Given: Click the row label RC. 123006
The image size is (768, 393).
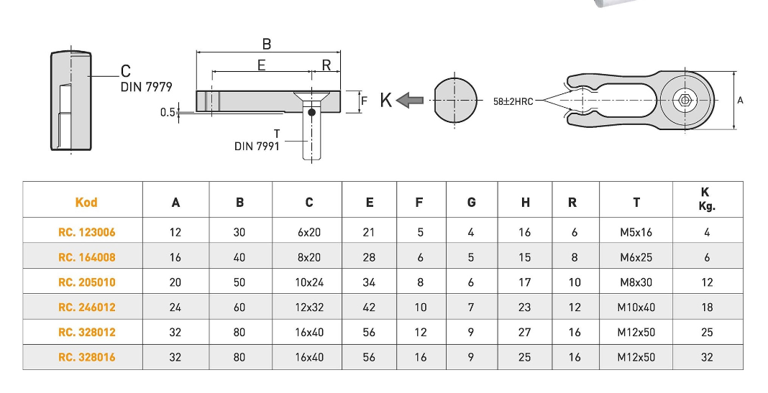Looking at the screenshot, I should (x=86, y=232).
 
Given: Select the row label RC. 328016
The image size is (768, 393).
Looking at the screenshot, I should (x=86, y=357).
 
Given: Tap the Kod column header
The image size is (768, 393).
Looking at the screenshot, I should (x=86, y=203).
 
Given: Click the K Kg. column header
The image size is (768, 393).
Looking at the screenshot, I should (x=707, y=199).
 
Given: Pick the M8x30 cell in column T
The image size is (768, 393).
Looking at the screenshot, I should (x=636, y=282).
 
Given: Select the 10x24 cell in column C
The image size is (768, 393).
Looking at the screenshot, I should (x=309, y=282).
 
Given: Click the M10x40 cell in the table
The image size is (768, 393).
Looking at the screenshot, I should (x=636, y=308).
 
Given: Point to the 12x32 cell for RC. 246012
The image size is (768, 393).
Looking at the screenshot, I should (x=309, y=308).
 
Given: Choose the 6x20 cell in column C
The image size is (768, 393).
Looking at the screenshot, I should (x=309, y=232).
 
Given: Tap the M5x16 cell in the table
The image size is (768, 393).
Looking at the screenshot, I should (x=636, y=232).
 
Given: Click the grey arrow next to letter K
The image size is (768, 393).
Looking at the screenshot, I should (x=411, y=101).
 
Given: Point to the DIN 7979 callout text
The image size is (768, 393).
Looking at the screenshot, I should (x=146, y=87).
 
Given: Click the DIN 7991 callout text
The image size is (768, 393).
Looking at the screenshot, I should (x=257, y=146).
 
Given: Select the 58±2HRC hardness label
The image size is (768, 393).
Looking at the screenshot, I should (x=513, y=102).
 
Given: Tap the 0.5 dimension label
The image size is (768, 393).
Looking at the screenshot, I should (x=167, y=112).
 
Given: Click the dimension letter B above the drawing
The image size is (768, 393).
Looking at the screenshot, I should (x=266, y=44).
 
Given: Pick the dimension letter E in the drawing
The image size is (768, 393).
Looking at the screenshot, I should (x=261, y=65).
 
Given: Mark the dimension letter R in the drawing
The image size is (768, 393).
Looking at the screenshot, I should (x=326, y=65).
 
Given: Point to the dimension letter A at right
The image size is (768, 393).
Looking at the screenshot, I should (x=740, y=101).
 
